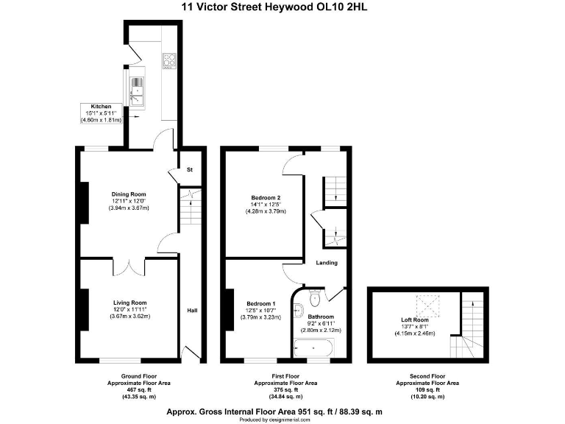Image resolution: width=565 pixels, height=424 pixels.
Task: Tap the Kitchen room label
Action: point(102,107)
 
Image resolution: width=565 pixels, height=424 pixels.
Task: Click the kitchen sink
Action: point(137,92)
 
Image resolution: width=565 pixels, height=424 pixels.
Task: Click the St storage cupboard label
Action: point(188,170)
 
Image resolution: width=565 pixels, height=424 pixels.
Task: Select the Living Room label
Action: point(129,303)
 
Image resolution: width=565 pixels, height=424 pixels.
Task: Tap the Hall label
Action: point(192,310)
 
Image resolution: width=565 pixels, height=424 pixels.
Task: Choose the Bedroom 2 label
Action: point(266,198)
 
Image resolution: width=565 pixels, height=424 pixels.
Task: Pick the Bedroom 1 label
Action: point(261,304)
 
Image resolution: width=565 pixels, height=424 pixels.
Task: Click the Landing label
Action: point(327,263)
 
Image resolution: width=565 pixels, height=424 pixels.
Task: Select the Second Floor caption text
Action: point(427,376)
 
